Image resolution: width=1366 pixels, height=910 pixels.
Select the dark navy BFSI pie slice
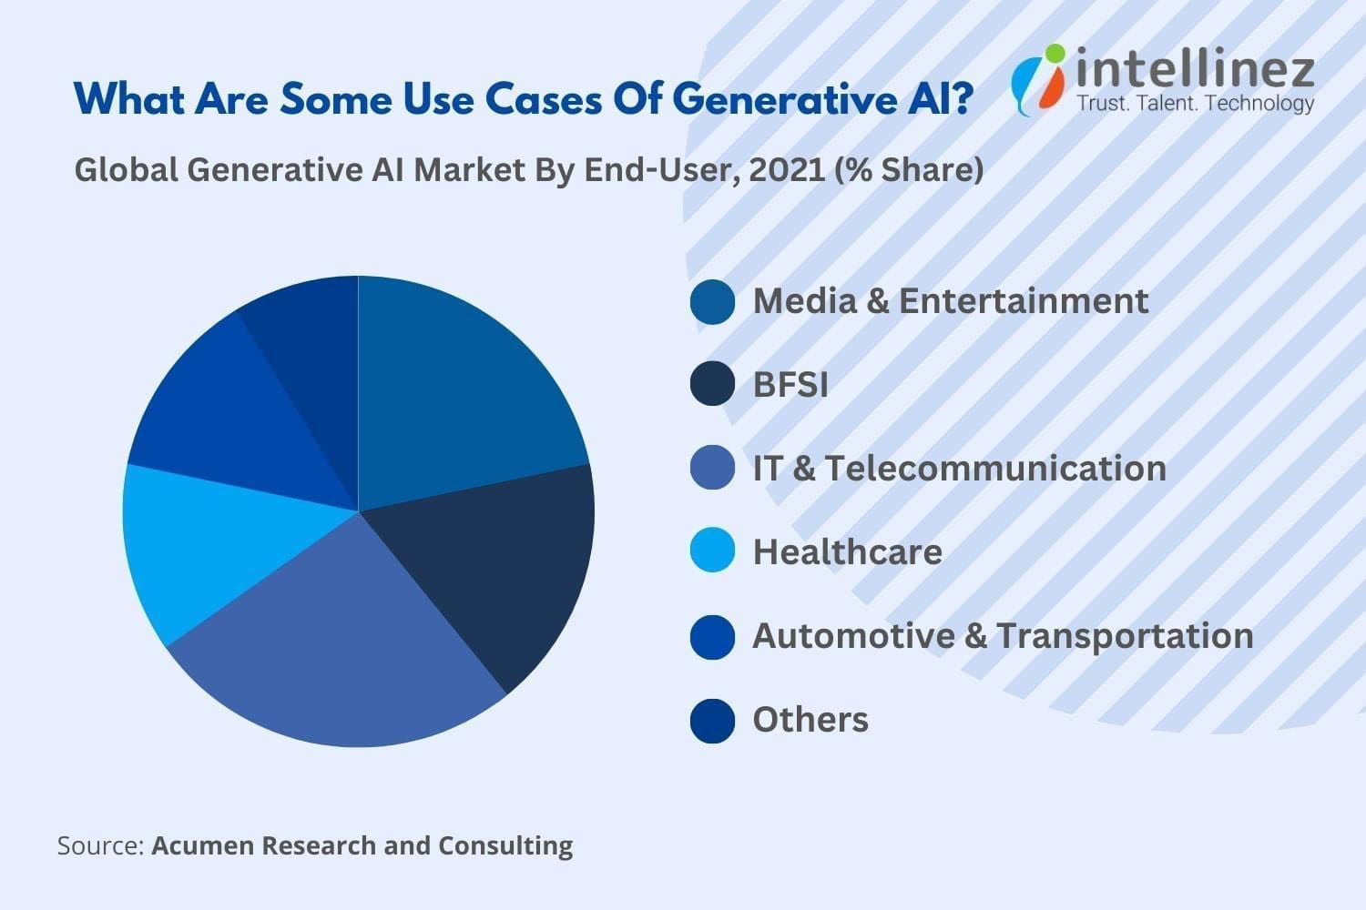click(501, 573)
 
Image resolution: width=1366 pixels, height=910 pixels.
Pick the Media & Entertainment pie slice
click(455, 391)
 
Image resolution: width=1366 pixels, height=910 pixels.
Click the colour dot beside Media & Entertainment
click(712, 302)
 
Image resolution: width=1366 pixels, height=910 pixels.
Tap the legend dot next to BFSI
click(712, 385)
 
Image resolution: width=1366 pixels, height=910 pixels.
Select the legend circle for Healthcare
click(712, 551)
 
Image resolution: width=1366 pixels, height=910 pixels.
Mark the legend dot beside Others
click(712, 720)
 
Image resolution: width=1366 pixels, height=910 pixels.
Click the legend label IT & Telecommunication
click(959, 469)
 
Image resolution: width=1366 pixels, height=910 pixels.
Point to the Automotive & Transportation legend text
click(1003, 636)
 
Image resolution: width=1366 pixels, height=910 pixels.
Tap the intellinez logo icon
click(1038, 80)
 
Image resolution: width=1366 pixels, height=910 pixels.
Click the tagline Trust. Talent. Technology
click(1196, 103)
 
